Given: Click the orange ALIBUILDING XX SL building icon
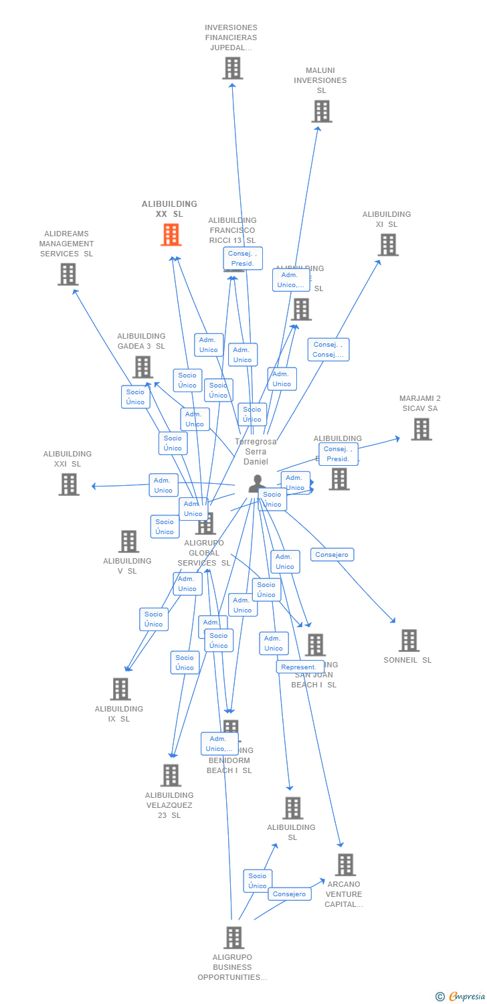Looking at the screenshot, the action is click(171, 235).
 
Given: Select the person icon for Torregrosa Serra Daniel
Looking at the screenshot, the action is click(257, 483).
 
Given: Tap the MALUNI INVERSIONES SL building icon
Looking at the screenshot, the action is click(322, 111).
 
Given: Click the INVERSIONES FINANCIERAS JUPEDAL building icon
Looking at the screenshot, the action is click(232, 68).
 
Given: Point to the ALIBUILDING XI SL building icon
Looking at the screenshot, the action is click(388, 245).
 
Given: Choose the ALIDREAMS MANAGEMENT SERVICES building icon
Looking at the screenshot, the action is click(68, 274).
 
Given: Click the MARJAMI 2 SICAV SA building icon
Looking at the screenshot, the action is click(421, 429).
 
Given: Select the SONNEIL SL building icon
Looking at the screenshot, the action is click(409, 641).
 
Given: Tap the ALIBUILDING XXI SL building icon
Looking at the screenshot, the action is click(69, 484).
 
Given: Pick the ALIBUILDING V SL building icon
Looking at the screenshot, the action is click(128, 541).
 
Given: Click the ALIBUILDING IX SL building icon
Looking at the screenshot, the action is click(120, 689).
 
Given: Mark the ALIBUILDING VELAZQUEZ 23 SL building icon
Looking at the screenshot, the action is click(171, 775).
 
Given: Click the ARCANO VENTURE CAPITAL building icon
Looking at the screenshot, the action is click(345, 865).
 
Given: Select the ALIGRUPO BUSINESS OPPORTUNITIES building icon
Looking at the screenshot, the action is click(233, 938).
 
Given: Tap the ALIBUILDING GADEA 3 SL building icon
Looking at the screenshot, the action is click(142, 367).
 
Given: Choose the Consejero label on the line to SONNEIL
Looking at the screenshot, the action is click(332, 555).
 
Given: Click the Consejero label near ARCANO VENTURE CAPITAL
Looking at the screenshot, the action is click(290, 894).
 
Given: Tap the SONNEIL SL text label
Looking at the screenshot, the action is click(407, 660).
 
